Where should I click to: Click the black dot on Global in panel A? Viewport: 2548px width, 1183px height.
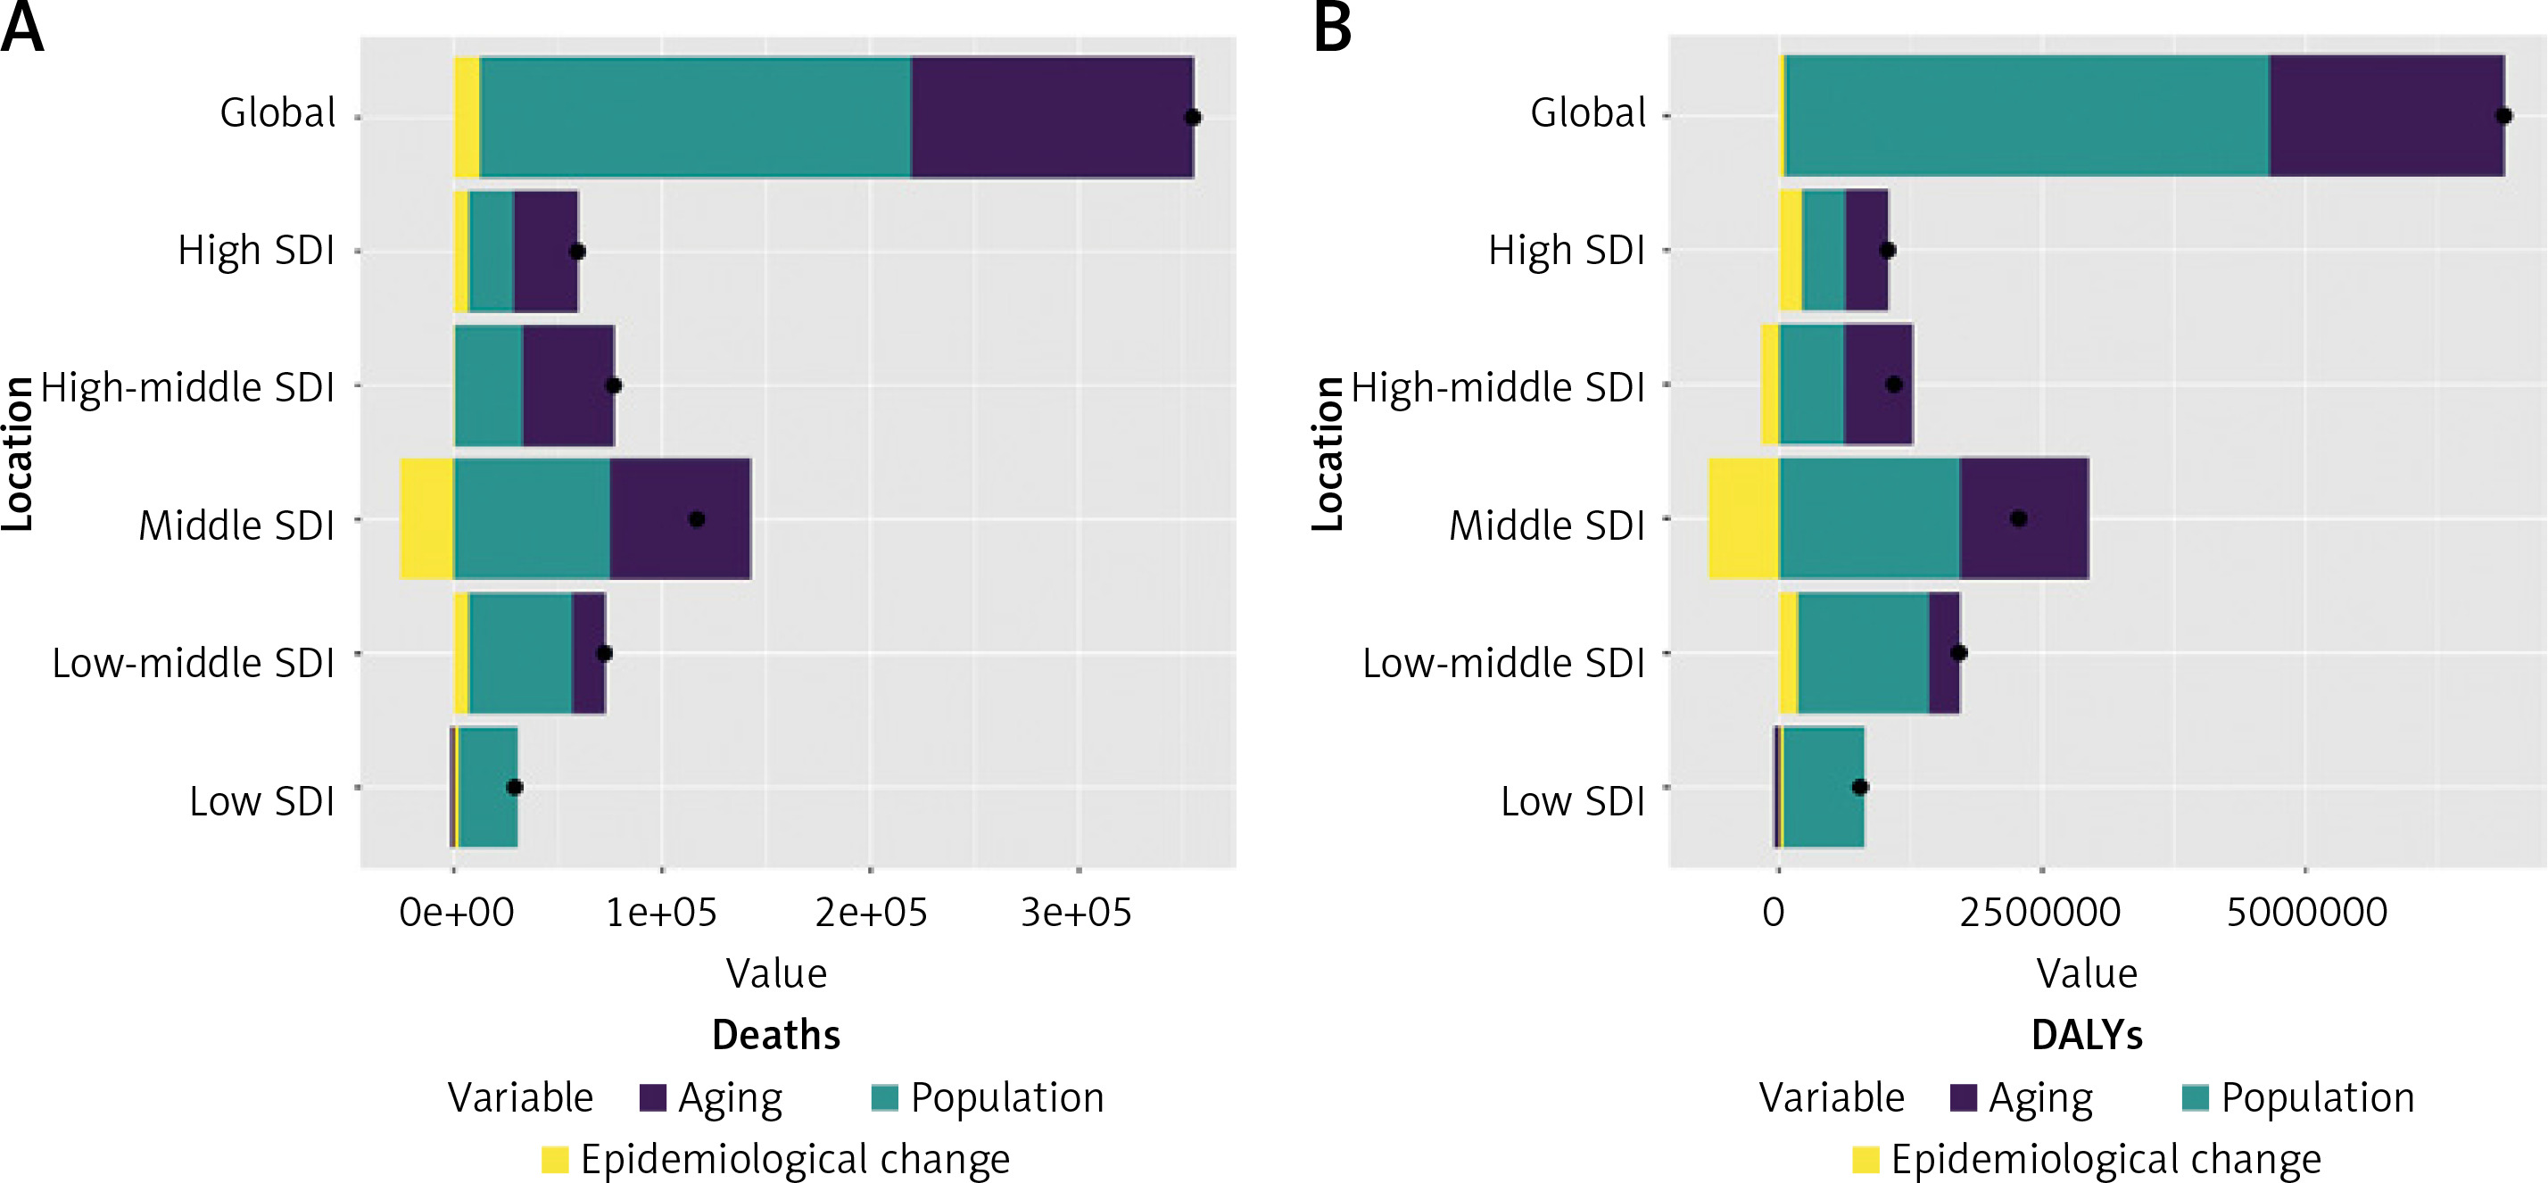tap(1193, 118)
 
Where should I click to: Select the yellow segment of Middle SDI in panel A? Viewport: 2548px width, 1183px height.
tap(426, 518)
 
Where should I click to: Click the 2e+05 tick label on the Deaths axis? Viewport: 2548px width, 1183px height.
tap(871, 912)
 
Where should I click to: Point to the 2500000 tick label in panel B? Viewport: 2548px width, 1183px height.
tap(2039, 912)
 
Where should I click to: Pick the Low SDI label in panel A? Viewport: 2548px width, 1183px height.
tap(262, 801)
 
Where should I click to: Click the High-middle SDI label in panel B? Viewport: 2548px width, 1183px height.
tap(1498, 387)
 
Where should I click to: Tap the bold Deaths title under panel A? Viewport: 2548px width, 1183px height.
tap(776, 1035)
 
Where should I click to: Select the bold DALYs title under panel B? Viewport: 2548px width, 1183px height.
tap(2087, 1035)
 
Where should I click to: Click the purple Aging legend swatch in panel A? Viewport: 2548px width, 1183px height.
tap(653, 1098)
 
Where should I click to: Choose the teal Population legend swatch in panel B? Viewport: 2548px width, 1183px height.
tap(2195, 1098)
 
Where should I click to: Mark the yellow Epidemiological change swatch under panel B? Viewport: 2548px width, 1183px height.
tap(1865, 1159)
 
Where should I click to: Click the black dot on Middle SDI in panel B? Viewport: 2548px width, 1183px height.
tap(2019, 518)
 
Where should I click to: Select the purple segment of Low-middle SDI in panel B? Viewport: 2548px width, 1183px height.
tap(1944, 653)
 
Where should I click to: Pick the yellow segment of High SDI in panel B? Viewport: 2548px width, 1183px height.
tap(1791, 250)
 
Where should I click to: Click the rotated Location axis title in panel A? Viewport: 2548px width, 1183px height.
tap(18, 454)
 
